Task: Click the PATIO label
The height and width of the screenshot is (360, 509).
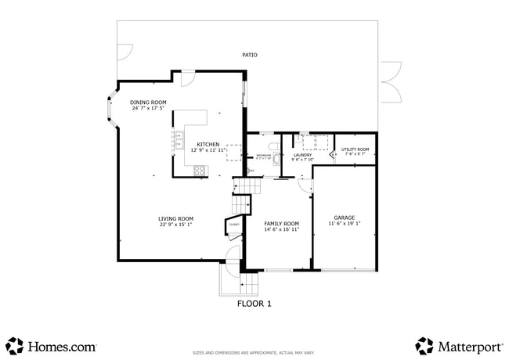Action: [250, 55]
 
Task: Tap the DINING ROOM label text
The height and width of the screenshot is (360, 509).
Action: [148, 102]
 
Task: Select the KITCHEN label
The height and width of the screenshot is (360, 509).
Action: [208, 144]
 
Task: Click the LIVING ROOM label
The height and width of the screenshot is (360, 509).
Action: [175, 218]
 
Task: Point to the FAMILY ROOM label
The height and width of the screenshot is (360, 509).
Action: [280, 223]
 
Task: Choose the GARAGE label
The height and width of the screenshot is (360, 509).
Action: [344, 218]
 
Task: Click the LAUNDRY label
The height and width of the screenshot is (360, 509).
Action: [302, 155]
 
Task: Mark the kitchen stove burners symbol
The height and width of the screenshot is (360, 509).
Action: [199, 170]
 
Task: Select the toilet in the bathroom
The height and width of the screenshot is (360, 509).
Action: [273, 146]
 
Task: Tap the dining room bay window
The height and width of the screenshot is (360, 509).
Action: [110, 113]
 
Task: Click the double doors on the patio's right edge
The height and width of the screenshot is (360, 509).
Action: [390, 82]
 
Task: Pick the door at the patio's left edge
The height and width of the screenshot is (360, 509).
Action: [124, 52]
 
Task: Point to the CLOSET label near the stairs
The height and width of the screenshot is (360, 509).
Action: [233, 225]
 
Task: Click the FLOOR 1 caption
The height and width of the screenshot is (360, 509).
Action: [254, 304]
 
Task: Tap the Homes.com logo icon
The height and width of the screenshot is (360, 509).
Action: [14, 345]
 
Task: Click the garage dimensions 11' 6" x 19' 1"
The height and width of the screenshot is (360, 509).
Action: [344, 224]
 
